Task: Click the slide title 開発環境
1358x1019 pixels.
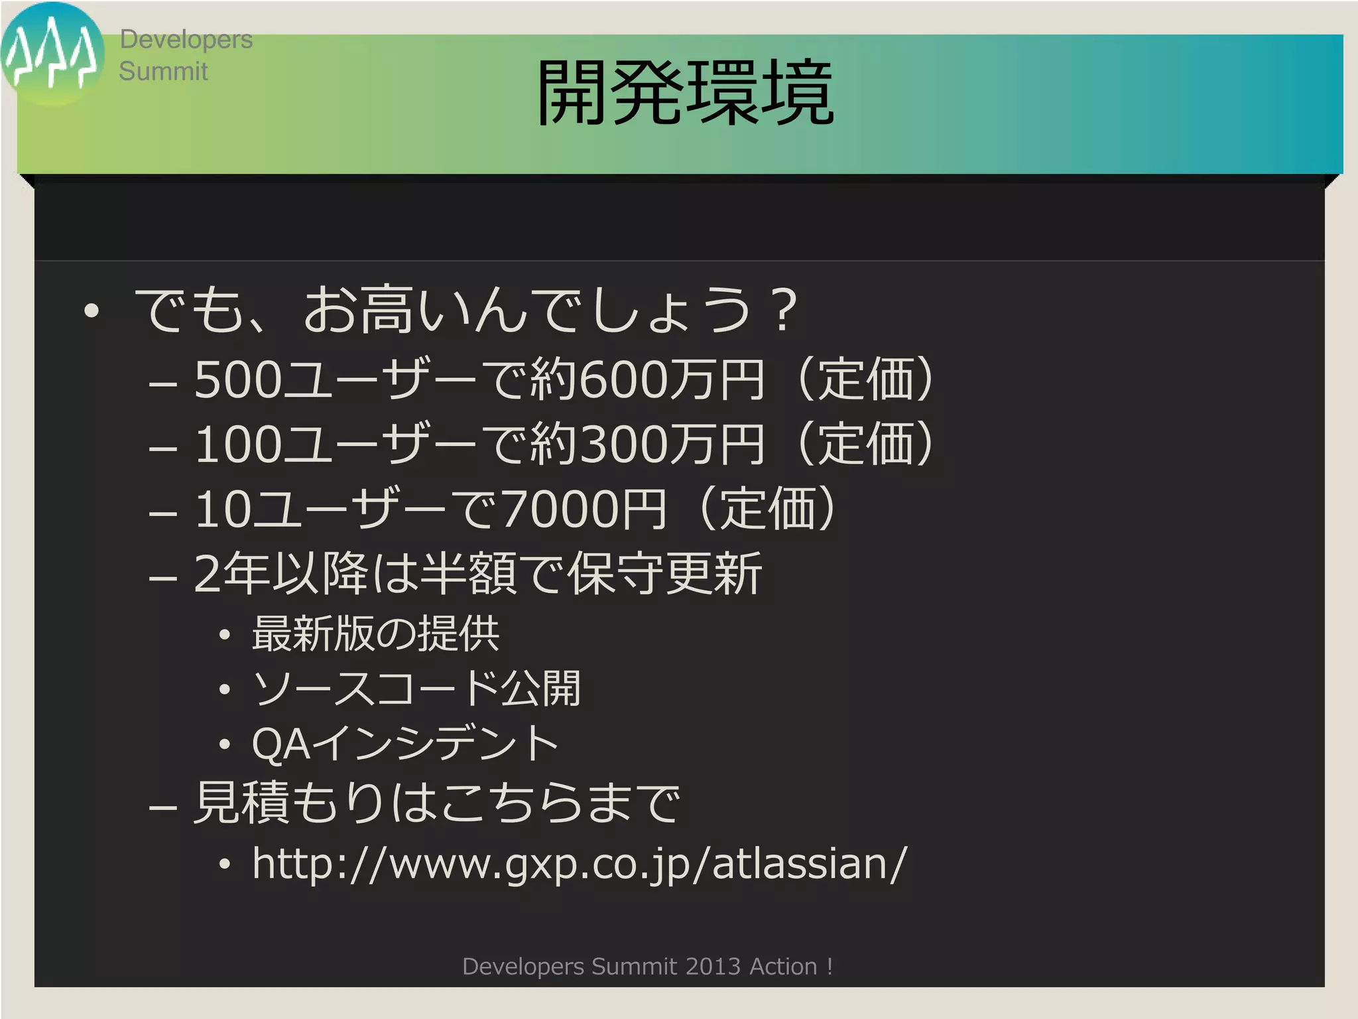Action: coord(684,93)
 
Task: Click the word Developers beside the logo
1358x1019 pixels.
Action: coord(186,40)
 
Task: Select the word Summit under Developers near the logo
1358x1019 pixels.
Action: coord(163,71)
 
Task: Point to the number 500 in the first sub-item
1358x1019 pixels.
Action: coord(238,380)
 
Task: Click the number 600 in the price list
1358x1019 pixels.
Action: coord(623,380)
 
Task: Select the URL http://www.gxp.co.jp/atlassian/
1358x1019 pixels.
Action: coord(579,864)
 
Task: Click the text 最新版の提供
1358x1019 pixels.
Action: coord(375,634)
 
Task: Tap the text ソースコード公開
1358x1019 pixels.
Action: coord(416,689)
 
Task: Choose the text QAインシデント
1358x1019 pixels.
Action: coord(404,744)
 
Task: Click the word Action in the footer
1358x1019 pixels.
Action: coord(783,967)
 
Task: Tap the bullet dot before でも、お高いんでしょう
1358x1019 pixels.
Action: coord(92,310)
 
